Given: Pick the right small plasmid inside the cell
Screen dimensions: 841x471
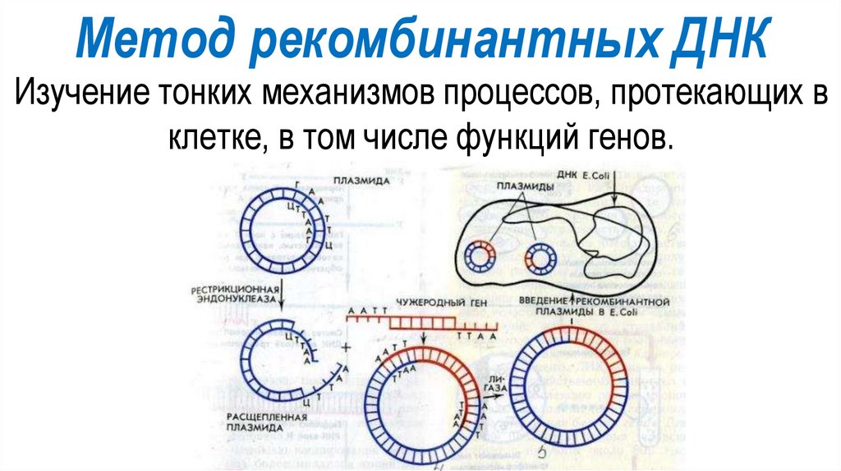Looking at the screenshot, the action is click(x=540, y=258).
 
